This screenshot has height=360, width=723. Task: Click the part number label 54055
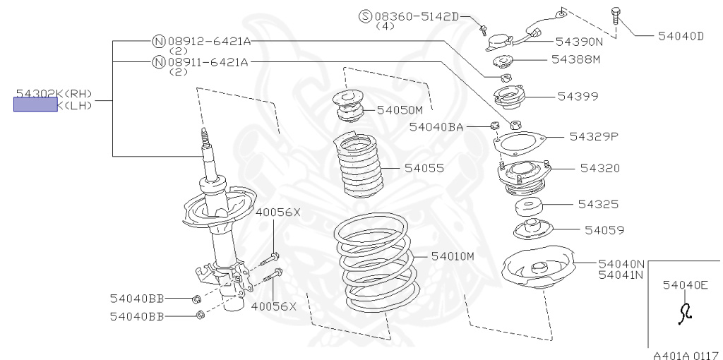click(424, 169)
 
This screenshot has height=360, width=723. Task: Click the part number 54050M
click(399, 110)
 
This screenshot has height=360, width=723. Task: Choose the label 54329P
click(594, 136)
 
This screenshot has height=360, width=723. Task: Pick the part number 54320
click(599, 168)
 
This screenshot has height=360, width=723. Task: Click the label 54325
click(598, 205)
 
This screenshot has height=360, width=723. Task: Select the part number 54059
click(604, 230)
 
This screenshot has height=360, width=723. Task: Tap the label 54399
click(578, 95)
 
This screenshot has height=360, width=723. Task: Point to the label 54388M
click(575, 59)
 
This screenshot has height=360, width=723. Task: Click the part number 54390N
click(579, 42)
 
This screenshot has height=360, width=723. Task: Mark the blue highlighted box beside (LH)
click(35, 105)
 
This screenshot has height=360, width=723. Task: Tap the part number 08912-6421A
click(208, 42)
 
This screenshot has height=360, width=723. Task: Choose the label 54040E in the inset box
click(685, 285)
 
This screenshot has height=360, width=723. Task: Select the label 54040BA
click(436, 127)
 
